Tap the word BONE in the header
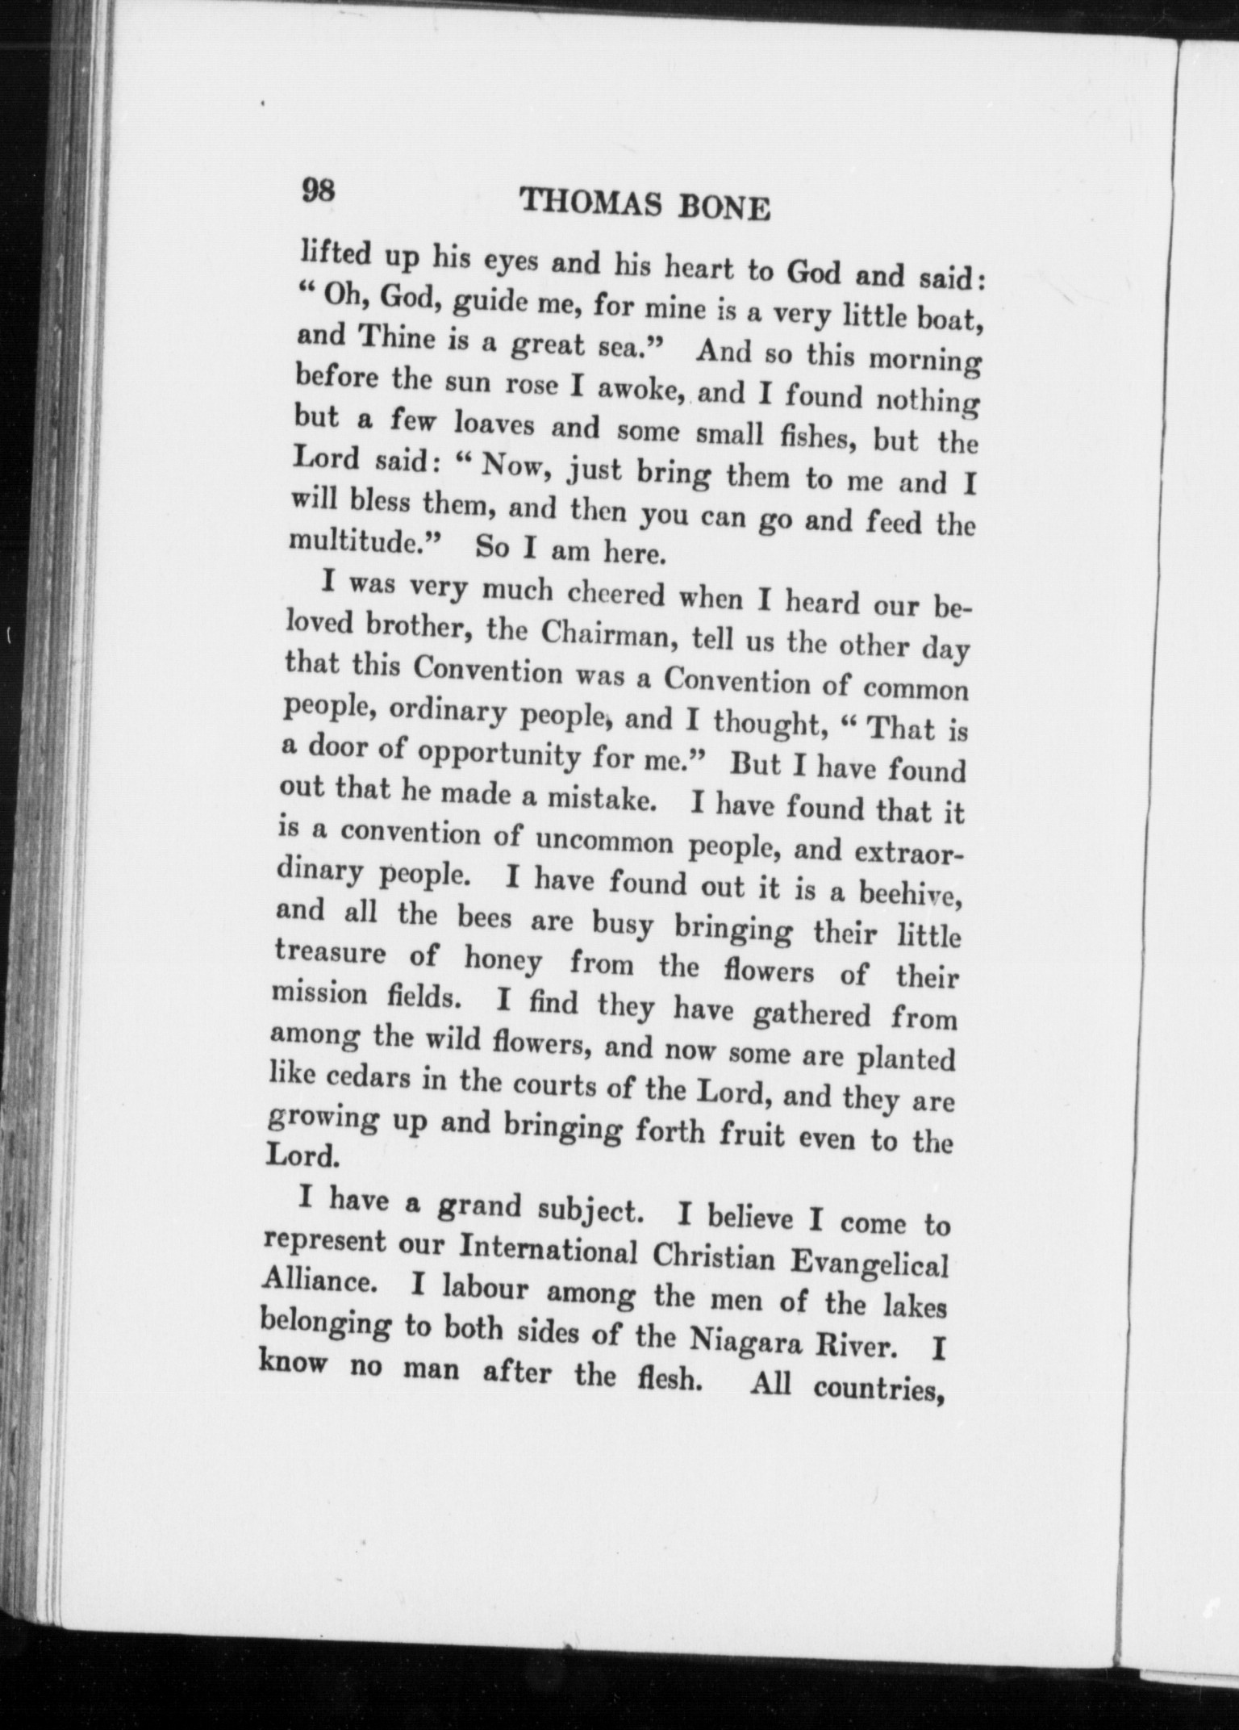pyautogui.click(x=726, y=209)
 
